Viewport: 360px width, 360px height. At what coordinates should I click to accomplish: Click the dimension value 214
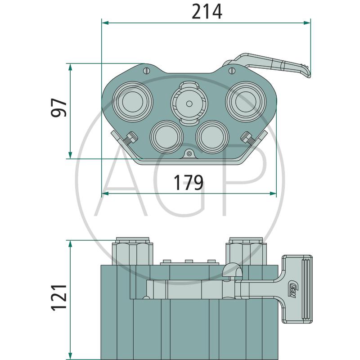click(207, 12)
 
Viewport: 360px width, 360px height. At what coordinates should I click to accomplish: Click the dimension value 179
click(189, 183)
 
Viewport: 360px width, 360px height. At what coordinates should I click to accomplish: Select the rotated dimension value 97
click(59, 108)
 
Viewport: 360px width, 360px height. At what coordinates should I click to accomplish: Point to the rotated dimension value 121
click(59, 298)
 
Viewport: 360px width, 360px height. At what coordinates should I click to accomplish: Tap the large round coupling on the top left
click(132, 102)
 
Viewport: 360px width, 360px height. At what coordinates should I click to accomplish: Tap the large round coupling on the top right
click(246, 102)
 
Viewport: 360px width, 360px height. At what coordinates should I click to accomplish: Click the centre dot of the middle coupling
click(189, 104)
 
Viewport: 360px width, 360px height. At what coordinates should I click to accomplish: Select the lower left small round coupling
click(166, 137)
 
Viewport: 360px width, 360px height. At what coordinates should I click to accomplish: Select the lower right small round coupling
click(212, 137)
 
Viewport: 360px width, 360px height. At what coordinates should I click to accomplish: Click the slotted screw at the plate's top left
click(147, 71)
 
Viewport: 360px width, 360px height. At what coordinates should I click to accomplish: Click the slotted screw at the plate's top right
click(232, 71)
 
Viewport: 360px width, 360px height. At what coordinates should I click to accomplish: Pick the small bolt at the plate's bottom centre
click(189, 154)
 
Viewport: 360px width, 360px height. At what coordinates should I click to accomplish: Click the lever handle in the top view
click(271, 65)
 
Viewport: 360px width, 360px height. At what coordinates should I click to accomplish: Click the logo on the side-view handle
click(293, 289)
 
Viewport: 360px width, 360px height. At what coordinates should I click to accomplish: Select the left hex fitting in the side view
click(132, 252)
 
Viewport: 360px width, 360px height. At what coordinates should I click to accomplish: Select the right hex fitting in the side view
click(246, 252)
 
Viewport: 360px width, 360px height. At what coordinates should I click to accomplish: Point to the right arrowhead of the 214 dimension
click(307, 23)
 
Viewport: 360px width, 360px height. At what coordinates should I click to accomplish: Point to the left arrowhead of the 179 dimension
click(105, 193)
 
